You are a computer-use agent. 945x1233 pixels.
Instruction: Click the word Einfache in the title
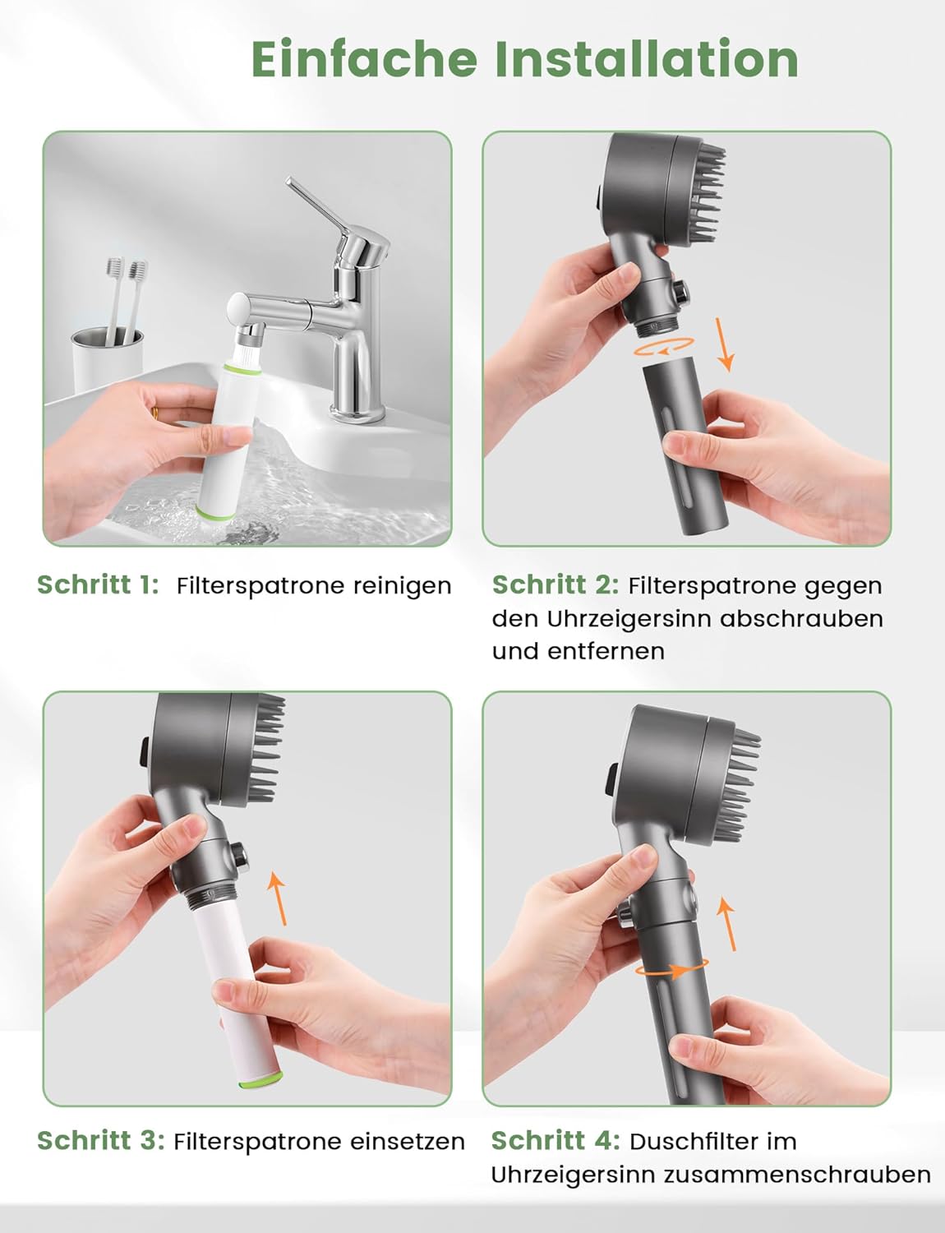pos(365,59)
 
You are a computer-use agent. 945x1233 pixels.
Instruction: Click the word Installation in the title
pos(647,59)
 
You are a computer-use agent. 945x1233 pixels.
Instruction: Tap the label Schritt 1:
pos(98,585)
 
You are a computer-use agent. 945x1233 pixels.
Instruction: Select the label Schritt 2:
pos(555,585)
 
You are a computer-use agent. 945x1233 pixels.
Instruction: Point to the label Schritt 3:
pos(101,1141)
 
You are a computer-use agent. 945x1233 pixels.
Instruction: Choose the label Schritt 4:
pos(555,1141)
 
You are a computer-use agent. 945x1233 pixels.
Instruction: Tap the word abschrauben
pos(801,618)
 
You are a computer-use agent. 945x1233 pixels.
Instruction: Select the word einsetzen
pos(408,1142)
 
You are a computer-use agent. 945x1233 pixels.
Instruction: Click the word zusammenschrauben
pos(798,1175)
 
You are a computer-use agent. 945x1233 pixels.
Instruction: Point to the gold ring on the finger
pos(154,414)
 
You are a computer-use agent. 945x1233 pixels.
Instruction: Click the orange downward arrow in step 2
pos(724,345)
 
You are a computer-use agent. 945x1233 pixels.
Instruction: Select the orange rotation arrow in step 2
pos(664,347)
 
